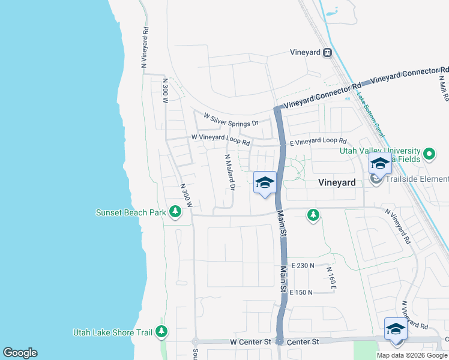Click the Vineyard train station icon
(x=327, y=53)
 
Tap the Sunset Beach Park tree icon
(x=175, y=212)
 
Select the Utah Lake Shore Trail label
(x=112, y=332)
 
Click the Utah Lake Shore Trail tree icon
(x=161, y=331)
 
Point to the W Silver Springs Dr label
(x=231, y=119)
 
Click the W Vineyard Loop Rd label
(x=220, y=140)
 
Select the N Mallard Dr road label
(x=229, y=173)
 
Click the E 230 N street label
(x=303, y=265)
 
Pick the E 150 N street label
(x=301, y=292)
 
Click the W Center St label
(x=250, y=341)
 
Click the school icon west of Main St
(x=265, y=183)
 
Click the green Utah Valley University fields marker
(x=429, y=154)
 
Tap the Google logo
(x=20, y=353)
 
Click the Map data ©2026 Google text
(x=412, y=355)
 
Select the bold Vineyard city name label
(x=337, y=182)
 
